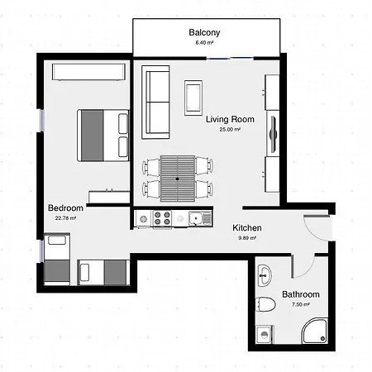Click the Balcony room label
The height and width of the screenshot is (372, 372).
(204, 32)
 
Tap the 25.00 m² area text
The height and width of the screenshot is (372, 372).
(230, 129)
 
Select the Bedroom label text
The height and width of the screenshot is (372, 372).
(65, 207)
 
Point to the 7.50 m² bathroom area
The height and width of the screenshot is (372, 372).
(301, 304)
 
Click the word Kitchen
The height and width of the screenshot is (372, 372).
(247, 228)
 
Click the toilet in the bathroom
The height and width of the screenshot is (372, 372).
(265, 304)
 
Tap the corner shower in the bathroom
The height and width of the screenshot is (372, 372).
(316, 331)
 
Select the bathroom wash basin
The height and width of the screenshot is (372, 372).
(265, 275)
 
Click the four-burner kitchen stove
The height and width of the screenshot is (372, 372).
(162, 218)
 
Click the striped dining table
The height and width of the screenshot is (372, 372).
(178, 179)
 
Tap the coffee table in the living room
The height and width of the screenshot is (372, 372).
(193, 98)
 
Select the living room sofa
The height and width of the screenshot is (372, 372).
(155, 103)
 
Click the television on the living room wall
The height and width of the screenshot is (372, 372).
(273, 134)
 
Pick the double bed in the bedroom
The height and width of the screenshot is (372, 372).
(103, 136)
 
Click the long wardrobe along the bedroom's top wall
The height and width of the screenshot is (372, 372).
(88, 72)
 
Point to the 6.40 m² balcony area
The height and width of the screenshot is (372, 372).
(204, 43)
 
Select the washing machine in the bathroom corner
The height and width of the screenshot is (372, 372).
(265, 335)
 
